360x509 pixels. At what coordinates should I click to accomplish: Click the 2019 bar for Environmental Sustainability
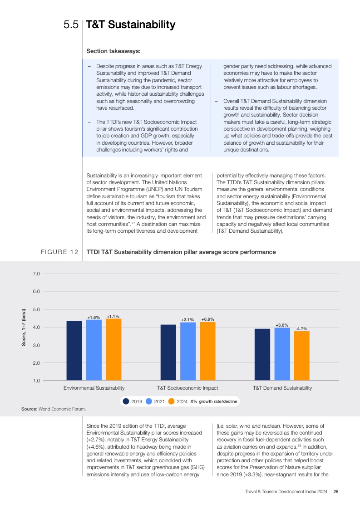(x=74, y=350)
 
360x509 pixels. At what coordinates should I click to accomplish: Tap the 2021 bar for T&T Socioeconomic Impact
(x=188, y=351)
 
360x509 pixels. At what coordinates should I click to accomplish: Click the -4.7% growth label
(x=301, y=328)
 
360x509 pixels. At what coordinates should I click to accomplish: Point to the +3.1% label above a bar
(x=187, y=320)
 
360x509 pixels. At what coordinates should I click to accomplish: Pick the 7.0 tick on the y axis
(x=36, y=274)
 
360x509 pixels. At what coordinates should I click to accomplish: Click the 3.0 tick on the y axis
(x=36, y=345)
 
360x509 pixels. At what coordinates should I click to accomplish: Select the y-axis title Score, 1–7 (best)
(x=24, y=327)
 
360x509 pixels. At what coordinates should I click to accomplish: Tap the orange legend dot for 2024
(x=171, y=401)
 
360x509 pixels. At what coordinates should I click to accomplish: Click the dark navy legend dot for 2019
(x=126, y=401)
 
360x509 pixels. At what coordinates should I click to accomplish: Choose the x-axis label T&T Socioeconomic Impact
(x=187, y=388)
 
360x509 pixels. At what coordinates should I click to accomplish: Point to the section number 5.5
(x=71, y=25)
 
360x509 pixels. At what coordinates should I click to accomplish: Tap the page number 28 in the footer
(x=336, y=491)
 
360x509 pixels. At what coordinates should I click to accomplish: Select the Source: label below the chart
(x=29, y=409)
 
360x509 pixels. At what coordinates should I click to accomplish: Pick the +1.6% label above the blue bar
(x=94, y=317)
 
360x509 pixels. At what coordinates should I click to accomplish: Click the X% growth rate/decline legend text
(x=213, y=401)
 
